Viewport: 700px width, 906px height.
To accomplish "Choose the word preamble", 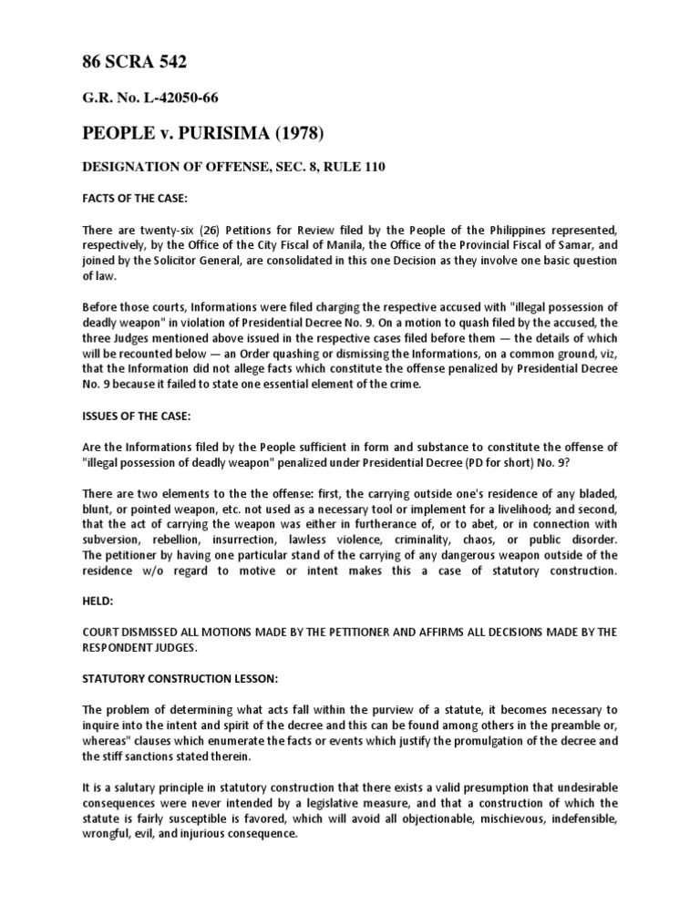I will pos(505,726).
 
